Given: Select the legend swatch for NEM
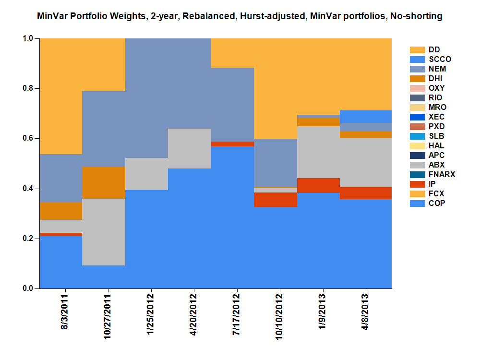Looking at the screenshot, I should pyautogui.click(x=417, y=69).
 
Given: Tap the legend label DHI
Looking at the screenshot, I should pyautogui.click(x=436, y=79).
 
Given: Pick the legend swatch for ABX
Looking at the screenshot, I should pyautogui.click(x=417, y=165).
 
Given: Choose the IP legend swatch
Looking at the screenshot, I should pyautogui.click(x=417, y=184).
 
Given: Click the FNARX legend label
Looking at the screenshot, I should pyautogui.click(x=442, y=175).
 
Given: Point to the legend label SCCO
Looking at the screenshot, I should pyautogui.click(x=440, y=60).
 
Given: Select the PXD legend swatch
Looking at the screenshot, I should pyautogui.click(x=417, y=127).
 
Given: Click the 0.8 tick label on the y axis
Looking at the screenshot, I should pyautogui.click(x=29, y=89).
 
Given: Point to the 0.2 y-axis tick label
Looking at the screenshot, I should pyautogui.click(x=29, y=239).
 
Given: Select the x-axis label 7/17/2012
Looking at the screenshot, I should pyautogui.click(x=237, y=316).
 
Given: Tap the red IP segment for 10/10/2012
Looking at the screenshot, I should pyautogui.click(x=276, y=200).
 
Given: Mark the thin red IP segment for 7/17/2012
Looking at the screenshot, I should pyautogui.click(x=233, y=144).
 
